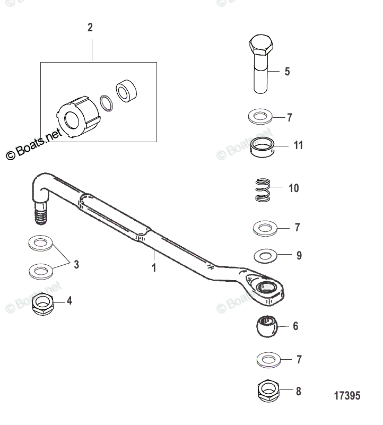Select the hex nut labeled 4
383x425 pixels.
click(43, 303)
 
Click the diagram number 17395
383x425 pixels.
click(347, 396)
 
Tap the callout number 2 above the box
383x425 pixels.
click(90, 28)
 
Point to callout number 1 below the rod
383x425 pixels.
click(154, 267)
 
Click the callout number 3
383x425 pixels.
click(76, 264)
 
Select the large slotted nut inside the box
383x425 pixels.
click(77, 114)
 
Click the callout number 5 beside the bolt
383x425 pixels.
click(287, 71)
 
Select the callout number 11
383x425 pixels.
click(298, 145)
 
